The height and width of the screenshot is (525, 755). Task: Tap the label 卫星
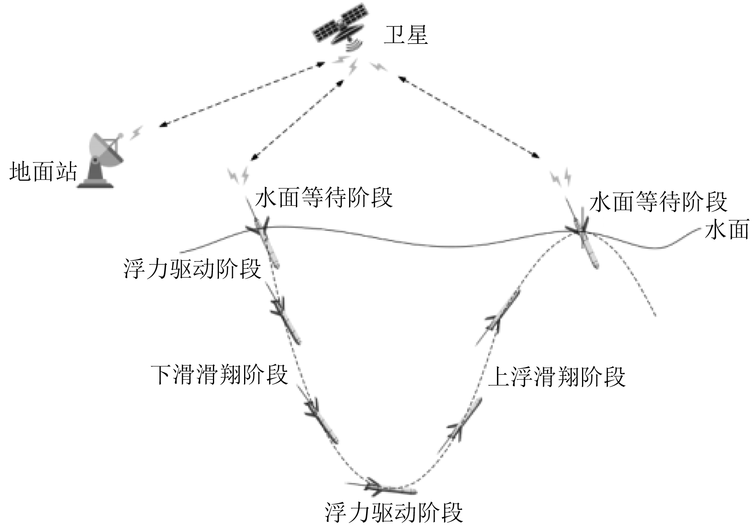(x=405, y=35)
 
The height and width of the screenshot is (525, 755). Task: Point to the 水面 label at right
(x=726, y=231)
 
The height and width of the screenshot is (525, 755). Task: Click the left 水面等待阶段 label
(x=324, y=198)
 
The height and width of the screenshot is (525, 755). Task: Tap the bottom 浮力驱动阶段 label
(x=394, y=512)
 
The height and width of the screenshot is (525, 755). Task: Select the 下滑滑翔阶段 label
(x=219, y=375)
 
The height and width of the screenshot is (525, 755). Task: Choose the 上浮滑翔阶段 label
(x=557, y=377)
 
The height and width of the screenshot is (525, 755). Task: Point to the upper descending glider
(x=285, y=319)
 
